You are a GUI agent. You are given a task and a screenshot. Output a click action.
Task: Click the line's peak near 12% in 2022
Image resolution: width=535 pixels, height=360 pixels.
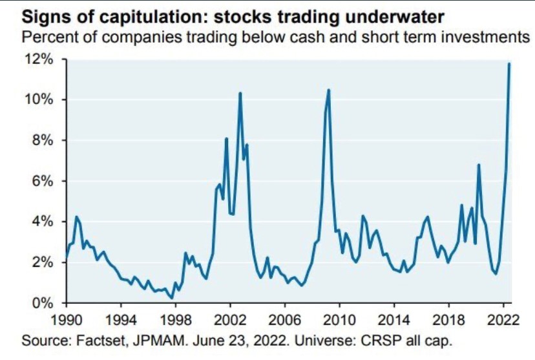tap(510, 63)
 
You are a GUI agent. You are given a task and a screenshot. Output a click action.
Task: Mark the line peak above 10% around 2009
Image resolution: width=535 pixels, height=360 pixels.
tap(329, 90)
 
